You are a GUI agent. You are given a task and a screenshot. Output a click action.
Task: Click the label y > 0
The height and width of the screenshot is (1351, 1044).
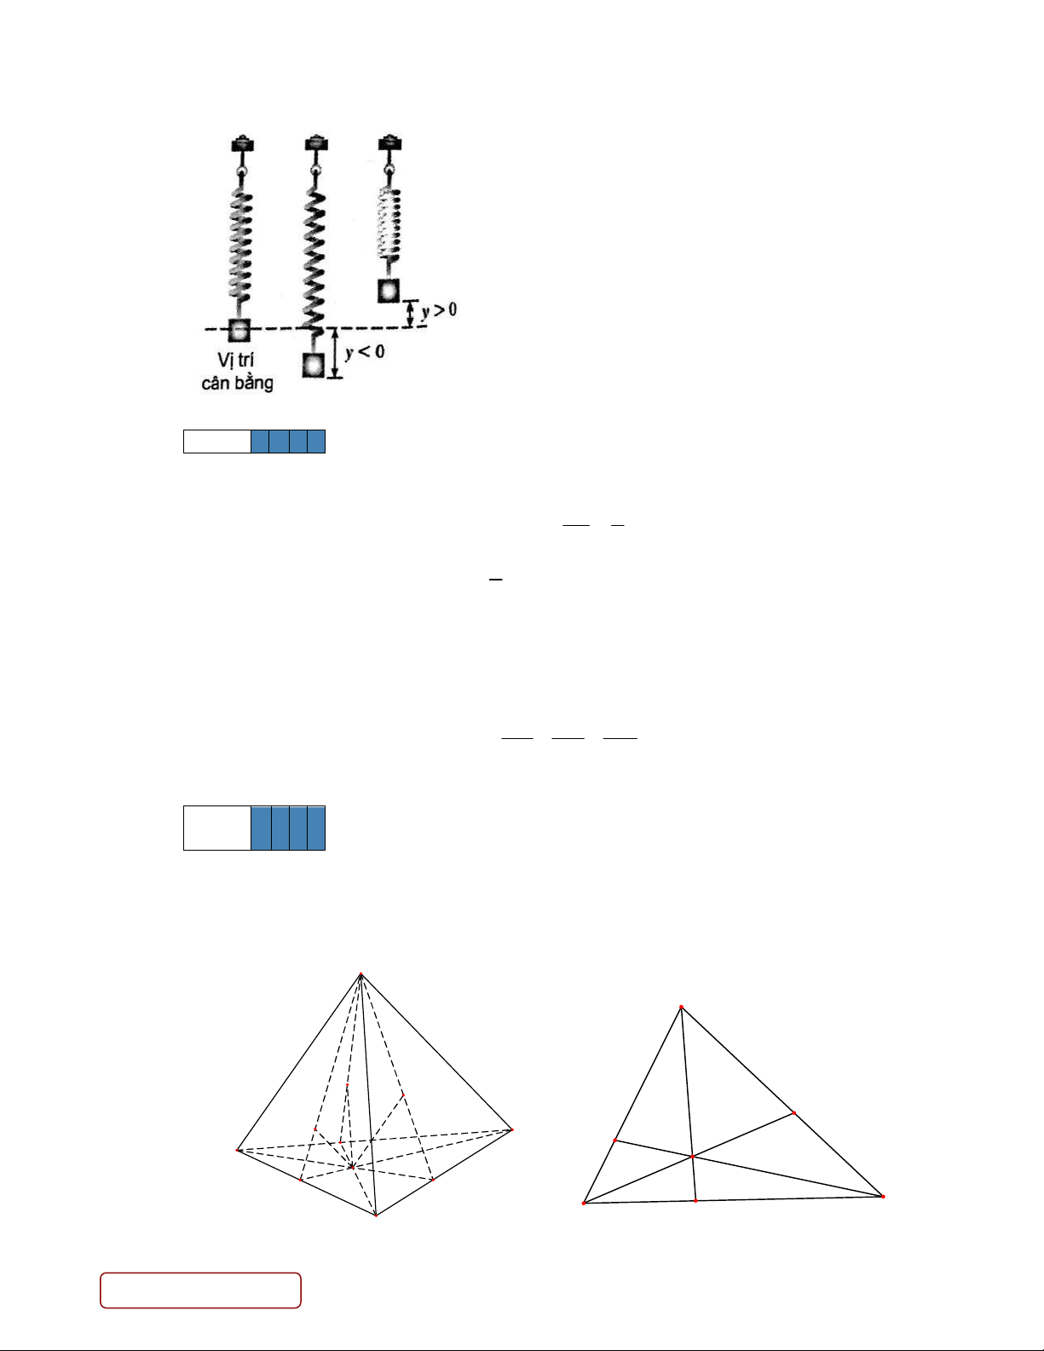pyautogui.click(x=440, y=309)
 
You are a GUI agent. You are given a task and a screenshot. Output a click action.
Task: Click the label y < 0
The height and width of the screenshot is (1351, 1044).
pyautogui.click(x=365, y=352)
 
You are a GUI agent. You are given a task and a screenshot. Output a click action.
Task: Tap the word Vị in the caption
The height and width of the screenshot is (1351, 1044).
pyautogui.click(x=225, y=360)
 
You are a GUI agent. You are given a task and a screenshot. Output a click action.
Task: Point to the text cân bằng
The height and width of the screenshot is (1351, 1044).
pyautogui.click(x=238, y=383)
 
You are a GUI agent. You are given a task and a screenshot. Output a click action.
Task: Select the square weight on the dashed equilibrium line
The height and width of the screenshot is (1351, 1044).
pyautogui.click(x=239, y=330)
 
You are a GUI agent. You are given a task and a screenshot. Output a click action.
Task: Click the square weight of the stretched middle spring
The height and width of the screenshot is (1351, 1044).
pyautogui.click(x=314, y=365)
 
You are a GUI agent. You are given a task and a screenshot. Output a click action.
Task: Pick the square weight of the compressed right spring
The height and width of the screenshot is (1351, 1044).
pyautogui.click(x=389, y=291)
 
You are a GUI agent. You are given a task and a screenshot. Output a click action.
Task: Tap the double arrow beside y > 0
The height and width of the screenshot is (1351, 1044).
pyautogui.click(x=410, y=314)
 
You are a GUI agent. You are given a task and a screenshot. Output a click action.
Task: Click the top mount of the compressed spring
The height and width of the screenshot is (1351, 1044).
pyautogui.click(x=389, y=143)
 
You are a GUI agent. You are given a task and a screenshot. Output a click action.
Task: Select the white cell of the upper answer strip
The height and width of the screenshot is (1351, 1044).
pyautogui.click(x=217, y=442)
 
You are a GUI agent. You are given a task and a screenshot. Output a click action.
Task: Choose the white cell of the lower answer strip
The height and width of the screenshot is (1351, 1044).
pyautogui.click(x=217, y=828)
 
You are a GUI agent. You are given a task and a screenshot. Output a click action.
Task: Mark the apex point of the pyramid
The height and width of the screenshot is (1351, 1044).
pyautogui.click(x=361, y=974)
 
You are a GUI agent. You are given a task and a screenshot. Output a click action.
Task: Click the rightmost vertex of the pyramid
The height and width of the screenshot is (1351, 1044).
pyautogui.click(x=511, y=1129)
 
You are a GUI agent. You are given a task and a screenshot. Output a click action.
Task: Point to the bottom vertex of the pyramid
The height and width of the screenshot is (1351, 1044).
pyautogui.click(x=376, y=1215)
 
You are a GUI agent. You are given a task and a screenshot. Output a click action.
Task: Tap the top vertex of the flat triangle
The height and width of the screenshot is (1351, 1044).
pyautogui.click(x=682, y=1007)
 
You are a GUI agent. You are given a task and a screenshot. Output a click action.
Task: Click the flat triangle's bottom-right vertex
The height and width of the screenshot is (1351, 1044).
pyautogui.click(x=883, y=1196)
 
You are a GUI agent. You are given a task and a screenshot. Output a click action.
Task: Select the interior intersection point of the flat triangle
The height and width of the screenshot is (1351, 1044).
pyautogui.click(x=692, y=1157)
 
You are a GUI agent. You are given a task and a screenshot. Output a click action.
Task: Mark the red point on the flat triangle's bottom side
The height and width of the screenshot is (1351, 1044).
pyautogui.click(x=695, y=1200)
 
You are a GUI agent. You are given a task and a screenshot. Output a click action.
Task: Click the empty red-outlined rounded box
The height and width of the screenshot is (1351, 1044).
pyautogui.click(x=201, y=1290)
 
